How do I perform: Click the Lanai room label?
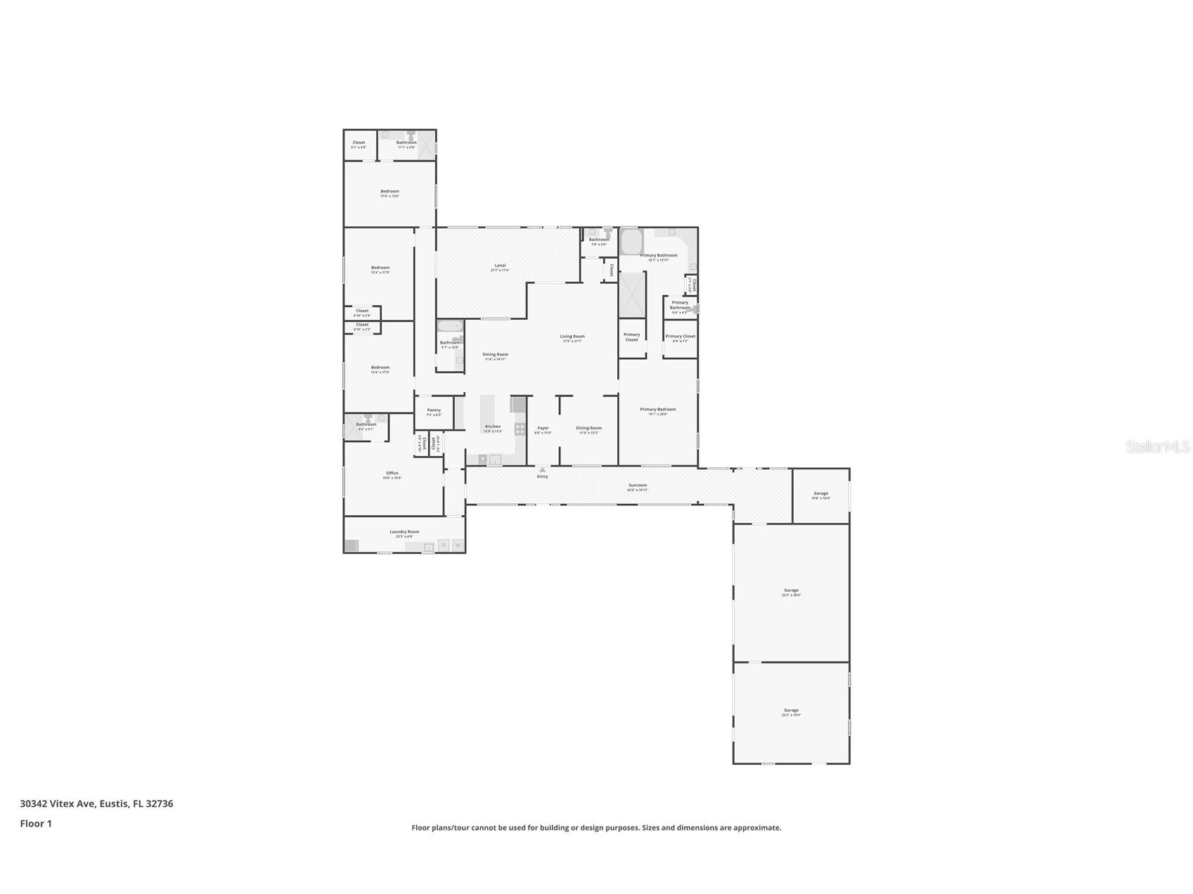coord(500,266)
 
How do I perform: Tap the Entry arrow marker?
coord(542,470)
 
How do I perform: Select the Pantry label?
coord(434,410)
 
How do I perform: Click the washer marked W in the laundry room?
coord(458,545)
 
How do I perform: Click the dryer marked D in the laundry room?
coord(444,545)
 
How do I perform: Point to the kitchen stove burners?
coord(520,429)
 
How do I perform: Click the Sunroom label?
coord(638,486)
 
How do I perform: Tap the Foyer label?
coord(543,428)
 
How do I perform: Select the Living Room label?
coord(572,337)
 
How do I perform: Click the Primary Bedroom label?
coord(658,410)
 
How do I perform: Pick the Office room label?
coord(392,474)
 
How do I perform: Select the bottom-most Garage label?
coord(791,711)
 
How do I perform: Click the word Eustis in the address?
coord(113,803)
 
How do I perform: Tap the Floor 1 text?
coord(36,824)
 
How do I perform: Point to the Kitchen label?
coord(493,427)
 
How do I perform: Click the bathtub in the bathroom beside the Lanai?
coord(450,326)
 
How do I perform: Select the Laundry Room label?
coord(404,532)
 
